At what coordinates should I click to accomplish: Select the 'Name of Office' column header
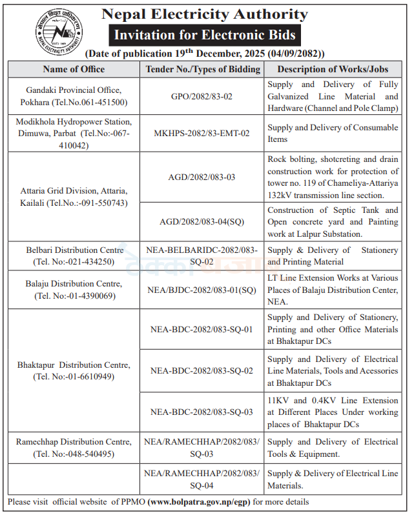click(72, 69)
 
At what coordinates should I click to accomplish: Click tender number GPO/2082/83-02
click(202, 96)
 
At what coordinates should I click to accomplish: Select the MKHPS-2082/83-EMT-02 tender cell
click(202, 134)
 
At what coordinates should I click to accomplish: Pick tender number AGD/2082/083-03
click(202, 177)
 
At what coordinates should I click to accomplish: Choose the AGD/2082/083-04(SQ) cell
click(202, 221)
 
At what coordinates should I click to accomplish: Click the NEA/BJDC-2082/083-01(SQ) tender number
click(202, 290)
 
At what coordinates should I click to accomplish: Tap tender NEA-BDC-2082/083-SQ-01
click(202, 329)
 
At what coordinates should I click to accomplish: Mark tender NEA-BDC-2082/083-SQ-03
click(202, 412)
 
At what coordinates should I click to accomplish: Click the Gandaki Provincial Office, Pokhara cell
click(72, 96)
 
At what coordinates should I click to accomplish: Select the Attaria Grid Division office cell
click(72, 197)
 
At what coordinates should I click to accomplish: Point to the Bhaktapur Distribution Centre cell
click(72, 370)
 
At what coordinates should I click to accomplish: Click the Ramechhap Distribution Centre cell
click(72, 448)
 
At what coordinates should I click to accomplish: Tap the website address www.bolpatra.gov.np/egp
click(200, 501)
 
